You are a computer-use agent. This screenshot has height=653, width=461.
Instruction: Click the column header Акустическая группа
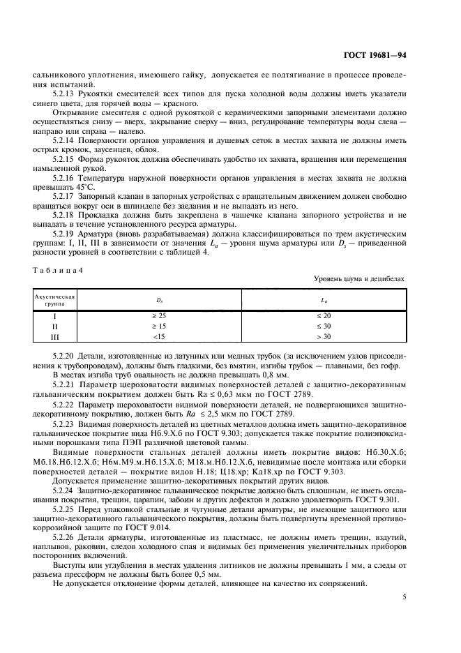coord(54,299)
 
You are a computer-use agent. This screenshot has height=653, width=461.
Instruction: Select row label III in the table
coord(54,336)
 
